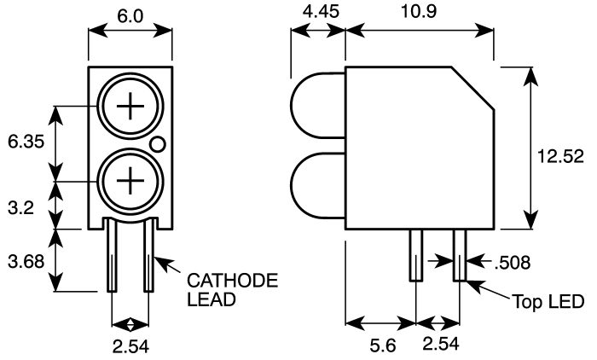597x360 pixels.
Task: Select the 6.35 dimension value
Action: (x=26, y=142)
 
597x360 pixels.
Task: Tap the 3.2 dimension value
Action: (x=20, y=208)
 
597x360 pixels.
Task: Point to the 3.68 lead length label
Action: (x=26, y=262)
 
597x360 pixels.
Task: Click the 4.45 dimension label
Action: (x=321, y=11)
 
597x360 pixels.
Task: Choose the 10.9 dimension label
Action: (x=419, y=11)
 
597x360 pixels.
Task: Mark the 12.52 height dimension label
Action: (x=560, y=156)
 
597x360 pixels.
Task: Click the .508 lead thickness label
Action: (x=513, y=263)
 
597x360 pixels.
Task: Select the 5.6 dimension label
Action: (x=383, y=345)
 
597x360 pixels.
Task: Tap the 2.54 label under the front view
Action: (x=130, y=346)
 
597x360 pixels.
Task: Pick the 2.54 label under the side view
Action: (x=441, y=344)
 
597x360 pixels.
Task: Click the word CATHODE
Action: (x=232, y=281)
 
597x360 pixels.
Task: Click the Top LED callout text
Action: (x=548, y=301)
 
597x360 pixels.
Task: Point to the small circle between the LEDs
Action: (x=157, y=144)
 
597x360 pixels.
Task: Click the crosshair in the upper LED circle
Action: (x=130, y=106)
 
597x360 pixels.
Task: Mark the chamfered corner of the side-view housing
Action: (x=472, y=89)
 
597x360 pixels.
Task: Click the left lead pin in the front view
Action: (x=112, y=254)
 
